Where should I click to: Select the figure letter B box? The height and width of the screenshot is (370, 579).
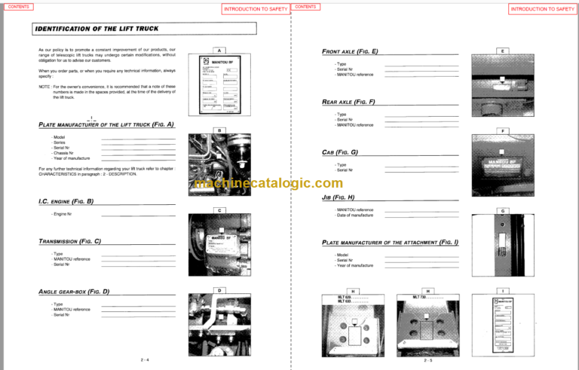(x=218, y=130)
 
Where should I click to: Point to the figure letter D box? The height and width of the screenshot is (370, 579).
(x=218, y=290)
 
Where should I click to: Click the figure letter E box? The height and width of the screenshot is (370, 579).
(x=502, y=50)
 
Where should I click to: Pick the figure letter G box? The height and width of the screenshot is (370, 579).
(x=502, y=210)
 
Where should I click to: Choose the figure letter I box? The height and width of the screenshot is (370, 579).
(x=502, y=290)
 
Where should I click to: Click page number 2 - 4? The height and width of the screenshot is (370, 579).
(x=145, y=359)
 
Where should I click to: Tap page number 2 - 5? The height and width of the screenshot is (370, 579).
(x=427, y=359)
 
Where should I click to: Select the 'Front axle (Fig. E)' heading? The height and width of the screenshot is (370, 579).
(x=349, y=51)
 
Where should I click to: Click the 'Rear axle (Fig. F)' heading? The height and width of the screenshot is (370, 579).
(x=348, y=101)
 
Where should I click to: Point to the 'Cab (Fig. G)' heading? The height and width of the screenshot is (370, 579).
(x=339, y=152)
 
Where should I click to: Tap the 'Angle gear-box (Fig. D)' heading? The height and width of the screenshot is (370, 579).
(x=74, y=291)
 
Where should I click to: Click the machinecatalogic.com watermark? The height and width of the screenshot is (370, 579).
(x=268, y=183)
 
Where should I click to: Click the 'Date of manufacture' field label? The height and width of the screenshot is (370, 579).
(x=354, y=216)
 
